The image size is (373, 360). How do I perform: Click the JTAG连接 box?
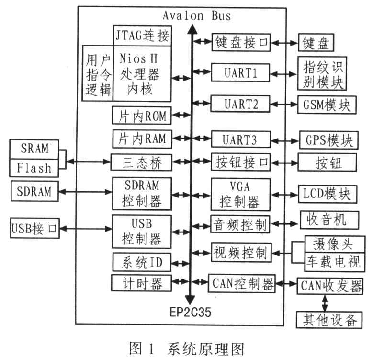tap(143, 35)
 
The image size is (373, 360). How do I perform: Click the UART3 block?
tap(240, 140)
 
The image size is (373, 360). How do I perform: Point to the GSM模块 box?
tap(327, 105)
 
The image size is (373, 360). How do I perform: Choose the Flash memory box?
tap(34, 168)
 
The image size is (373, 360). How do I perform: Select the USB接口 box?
tap(34, 228)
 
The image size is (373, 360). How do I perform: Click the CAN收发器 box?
tap(330, 285)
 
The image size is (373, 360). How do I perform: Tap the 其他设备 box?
tap(328, 319)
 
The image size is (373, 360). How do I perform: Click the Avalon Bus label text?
tap(196, 15)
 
